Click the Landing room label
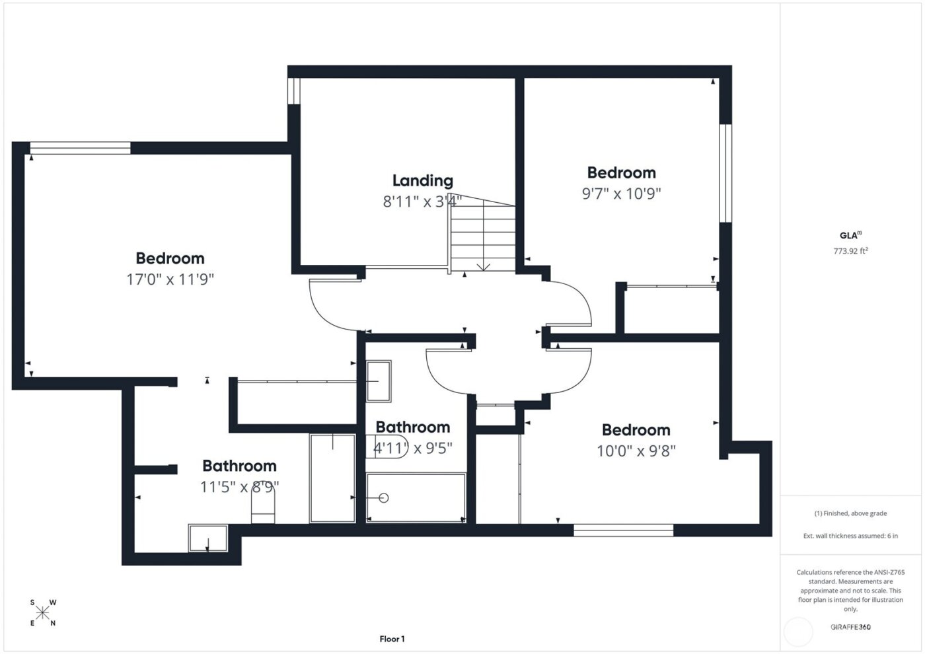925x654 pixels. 423,180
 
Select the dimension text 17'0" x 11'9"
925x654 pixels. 170,279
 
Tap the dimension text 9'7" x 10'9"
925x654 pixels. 621,194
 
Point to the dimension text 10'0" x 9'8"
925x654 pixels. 636,451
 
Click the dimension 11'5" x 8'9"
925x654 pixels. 239,487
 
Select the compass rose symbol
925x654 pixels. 43,613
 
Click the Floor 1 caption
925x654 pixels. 392,639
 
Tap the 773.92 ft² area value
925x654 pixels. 850,251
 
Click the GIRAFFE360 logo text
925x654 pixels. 850,627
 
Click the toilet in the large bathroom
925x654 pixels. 263,509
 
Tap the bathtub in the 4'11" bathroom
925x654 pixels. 416,497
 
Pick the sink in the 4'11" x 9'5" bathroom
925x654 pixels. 379,381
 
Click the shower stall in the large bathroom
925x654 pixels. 333,477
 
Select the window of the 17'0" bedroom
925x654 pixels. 80,148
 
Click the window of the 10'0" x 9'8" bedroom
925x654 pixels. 623,530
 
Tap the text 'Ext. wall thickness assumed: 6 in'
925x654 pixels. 850,536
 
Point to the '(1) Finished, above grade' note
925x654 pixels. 850,513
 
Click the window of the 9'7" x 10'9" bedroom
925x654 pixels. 725,173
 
